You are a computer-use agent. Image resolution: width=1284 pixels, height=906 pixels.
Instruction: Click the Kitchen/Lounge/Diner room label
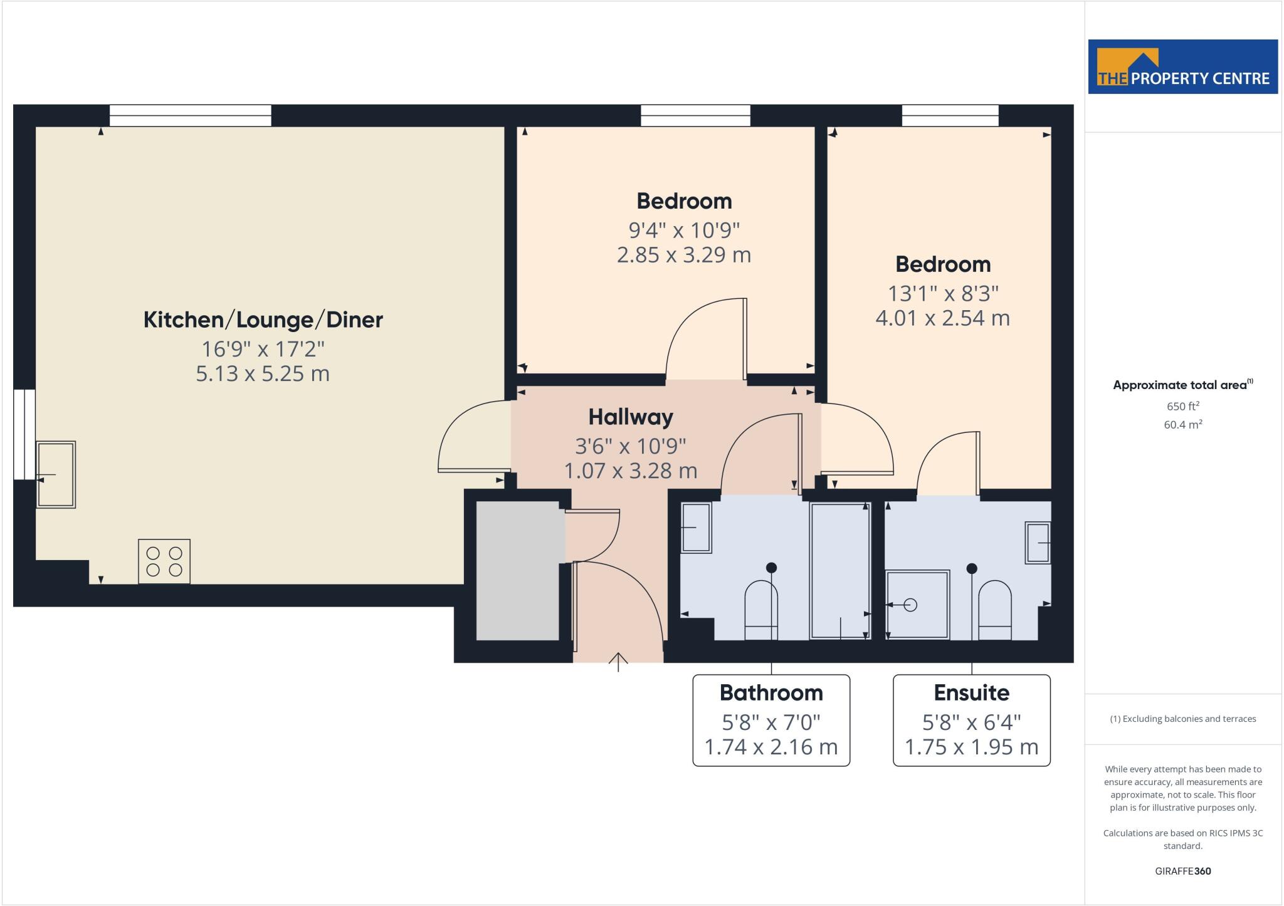coord(263,320)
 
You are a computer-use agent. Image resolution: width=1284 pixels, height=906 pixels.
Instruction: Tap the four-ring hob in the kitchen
coord(164,561)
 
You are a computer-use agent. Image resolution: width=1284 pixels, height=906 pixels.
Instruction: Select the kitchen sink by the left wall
coord(56,474)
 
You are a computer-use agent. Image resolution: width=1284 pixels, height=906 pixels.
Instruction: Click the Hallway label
coord(631,417)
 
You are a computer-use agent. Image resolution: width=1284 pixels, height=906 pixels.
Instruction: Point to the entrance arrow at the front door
coord(618,662)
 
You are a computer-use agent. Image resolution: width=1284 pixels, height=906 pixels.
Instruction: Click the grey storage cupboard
coord(518,570)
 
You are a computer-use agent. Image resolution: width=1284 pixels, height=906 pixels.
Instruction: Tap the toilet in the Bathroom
coord(761,610)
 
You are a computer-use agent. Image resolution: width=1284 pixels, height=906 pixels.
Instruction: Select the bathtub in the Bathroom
coord(840,570)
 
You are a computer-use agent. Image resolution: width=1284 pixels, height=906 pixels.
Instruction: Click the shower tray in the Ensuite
coord(917,605)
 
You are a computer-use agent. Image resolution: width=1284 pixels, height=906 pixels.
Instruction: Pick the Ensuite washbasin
coord(1038,542)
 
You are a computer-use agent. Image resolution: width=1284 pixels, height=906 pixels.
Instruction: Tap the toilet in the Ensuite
coord(995,610)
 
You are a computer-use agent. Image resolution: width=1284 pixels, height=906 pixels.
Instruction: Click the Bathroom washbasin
coord(696,528)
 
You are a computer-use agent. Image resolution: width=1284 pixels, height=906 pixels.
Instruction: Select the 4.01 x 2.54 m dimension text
coord(942,318)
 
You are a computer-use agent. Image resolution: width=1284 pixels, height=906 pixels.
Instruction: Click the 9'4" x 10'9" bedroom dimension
coord(684,231)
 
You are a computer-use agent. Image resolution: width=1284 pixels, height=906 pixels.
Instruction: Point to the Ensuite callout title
coord(971,692)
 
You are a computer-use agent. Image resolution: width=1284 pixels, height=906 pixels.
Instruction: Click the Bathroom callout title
coord(771,692)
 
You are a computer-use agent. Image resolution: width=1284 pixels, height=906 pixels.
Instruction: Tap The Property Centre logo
coord(1182,66)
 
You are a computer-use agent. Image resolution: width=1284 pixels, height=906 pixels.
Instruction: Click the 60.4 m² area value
coord(1182,424)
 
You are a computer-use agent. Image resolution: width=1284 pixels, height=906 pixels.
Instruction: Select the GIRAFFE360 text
coord(1182,871)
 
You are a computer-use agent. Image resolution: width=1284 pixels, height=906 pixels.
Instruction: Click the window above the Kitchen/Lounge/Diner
coord(191,116)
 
